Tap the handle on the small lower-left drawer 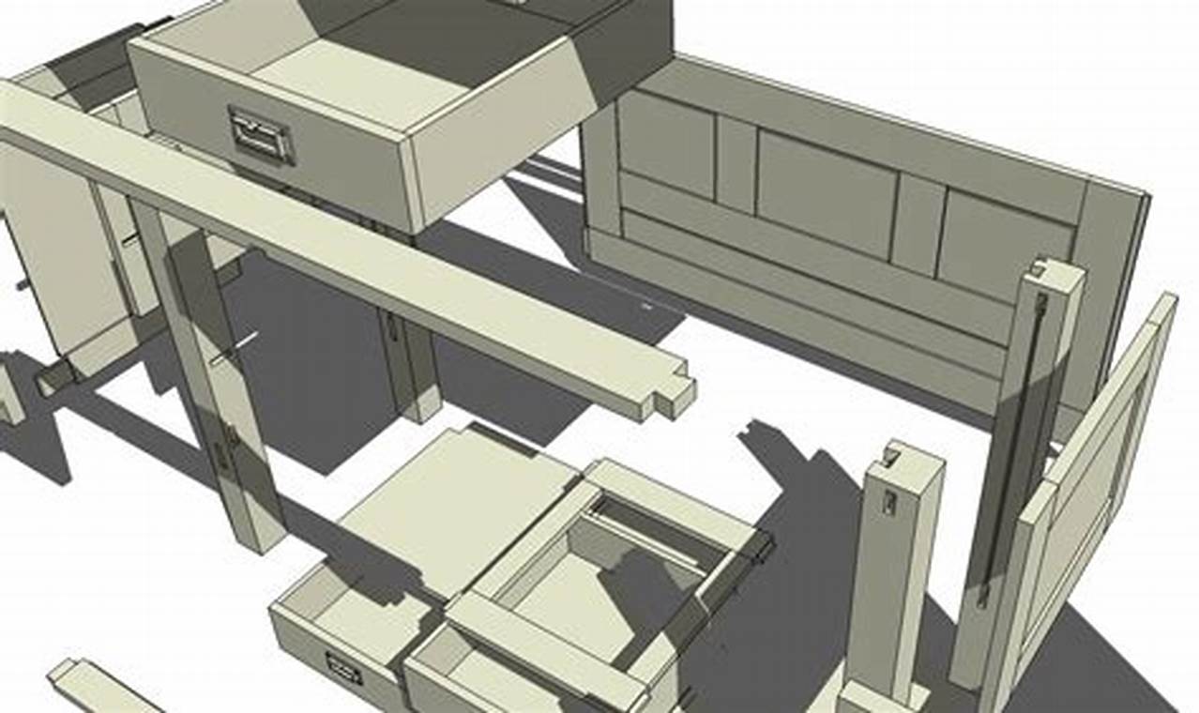[x=343, y=667]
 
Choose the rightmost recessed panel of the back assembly [x=1005, y=235]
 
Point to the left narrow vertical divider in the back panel [x=736, y=163]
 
